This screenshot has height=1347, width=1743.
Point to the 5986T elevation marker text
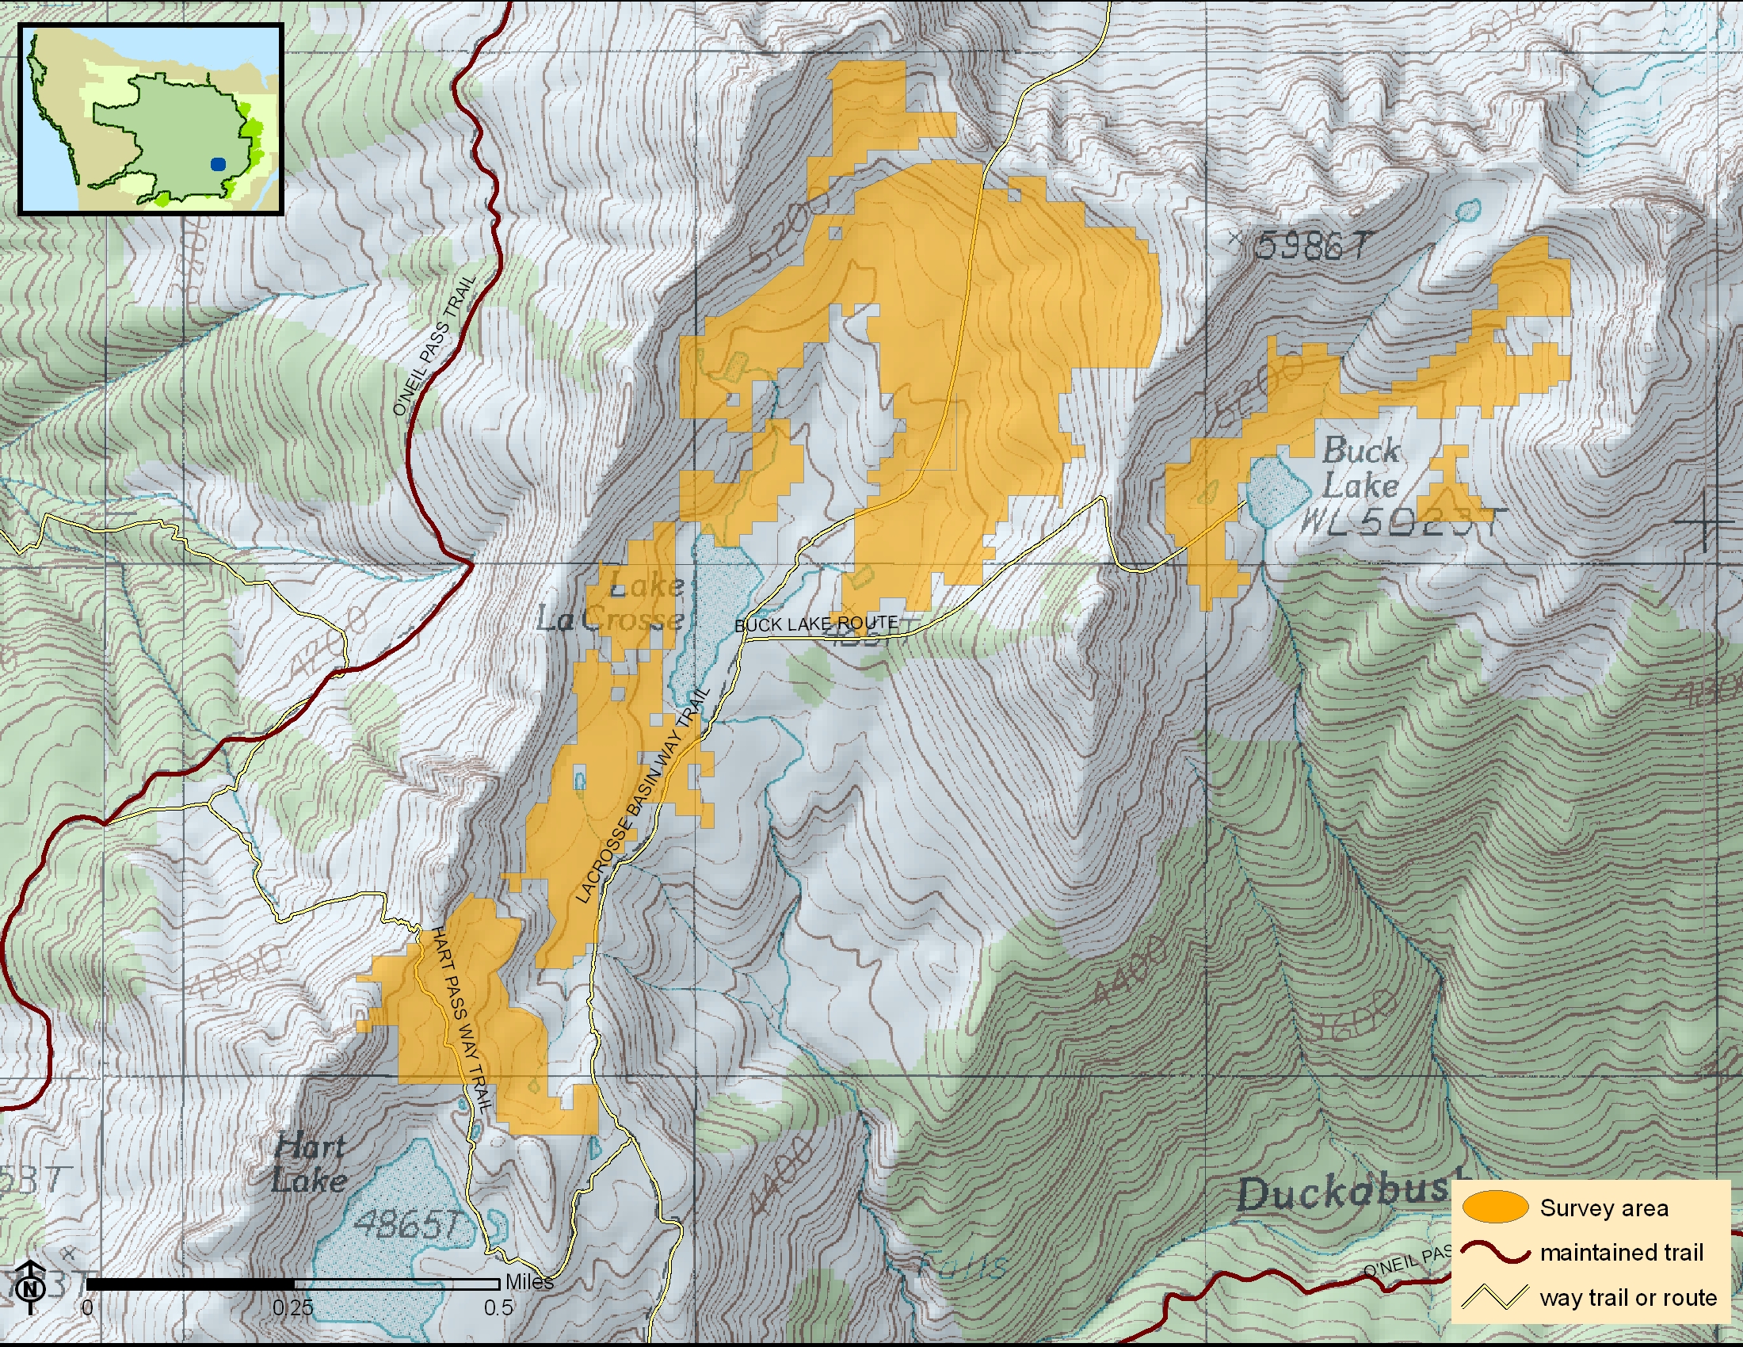point(1313,246)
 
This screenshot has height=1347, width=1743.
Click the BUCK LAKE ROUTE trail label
point(815,624)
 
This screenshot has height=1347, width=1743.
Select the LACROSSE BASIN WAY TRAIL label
point(643,796)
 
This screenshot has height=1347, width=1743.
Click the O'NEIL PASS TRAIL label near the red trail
point(434,345)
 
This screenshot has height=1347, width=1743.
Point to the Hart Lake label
point(310,1164)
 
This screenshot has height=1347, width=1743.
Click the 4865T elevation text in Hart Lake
point(407,1223)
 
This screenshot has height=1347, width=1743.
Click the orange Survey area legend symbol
point(1495,1208)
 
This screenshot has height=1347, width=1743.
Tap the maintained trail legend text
point(1622,1253)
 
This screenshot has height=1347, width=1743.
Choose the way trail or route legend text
point(1628,1298)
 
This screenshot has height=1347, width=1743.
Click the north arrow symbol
point(30,1286)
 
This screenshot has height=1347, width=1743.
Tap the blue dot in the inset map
point(218,163)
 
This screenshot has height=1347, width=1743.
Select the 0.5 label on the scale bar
point(498,1308)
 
